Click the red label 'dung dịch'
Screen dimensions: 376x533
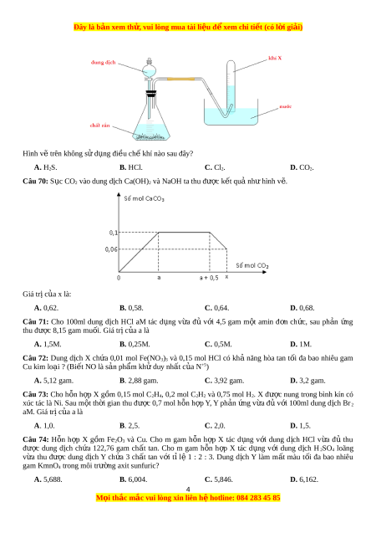click(x=103, y=62)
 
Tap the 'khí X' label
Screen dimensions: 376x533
click(x=275, y=58)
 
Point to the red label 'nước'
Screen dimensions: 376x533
click(x=286, y=106)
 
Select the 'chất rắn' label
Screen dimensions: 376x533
click(x=99, y=126)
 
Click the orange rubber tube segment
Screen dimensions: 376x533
click(x=180, y=79)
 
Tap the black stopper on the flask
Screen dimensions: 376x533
click(x=151, y=93)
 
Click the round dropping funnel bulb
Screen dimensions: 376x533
click(x=149, y=71)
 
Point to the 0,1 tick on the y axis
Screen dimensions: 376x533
click(x=114, y=233)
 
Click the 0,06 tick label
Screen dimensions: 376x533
click(x=111, y=249)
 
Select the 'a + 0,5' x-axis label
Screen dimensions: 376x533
click(x=209, y=278)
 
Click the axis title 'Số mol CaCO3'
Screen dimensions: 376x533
click(x=145, y=198)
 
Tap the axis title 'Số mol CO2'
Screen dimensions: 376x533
click(x=252, y=265)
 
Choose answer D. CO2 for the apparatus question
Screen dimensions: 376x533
click(x=302, y=167)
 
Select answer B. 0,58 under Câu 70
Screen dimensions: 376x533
click(x=131, y=308)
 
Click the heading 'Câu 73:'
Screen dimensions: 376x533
click(x=35, y=394)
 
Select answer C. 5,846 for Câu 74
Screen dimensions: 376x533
click(x=219, y=479)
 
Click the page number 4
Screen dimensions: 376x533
click(x=188, y=489)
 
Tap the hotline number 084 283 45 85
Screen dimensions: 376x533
click(x=258, y=498)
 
